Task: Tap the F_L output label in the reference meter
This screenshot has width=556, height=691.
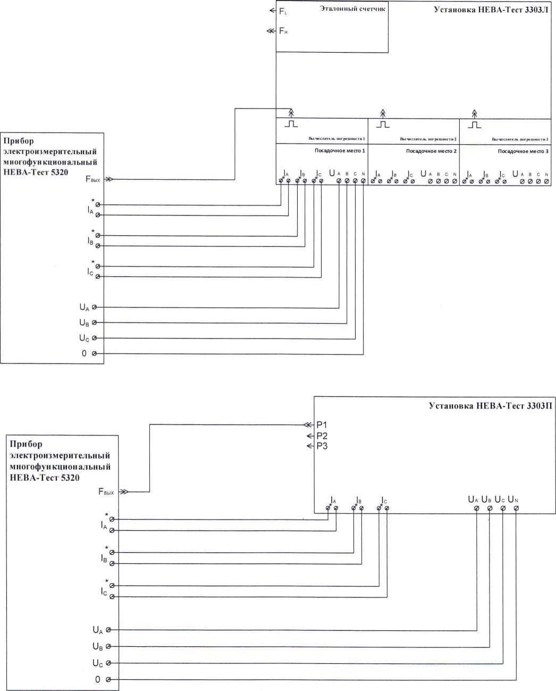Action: (x=283, y=11)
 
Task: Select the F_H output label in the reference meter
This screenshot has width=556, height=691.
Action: (x=283, y=31)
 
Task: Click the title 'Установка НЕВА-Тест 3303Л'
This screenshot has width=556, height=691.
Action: (x=491, y=9)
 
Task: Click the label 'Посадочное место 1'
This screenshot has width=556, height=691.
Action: (x=340, y=151)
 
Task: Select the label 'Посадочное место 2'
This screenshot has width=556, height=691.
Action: (x=431, y=151)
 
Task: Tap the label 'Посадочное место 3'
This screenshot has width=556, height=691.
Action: (x=523, y=151)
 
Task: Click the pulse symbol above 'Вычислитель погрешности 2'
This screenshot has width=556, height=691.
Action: (x=383, y=124)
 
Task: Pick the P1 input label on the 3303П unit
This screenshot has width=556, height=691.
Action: (x=322, y=425)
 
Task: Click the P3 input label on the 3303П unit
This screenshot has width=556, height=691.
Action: (x=322, y=446)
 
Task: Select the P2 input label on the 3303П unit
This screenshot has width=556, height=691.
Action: (x=322, y=436)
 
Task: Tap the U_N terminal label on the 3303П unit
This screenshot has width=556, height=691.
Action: (x=513, y=499)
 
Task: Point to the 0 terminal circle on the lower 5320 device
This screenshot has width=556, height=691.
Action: (x=108, y=680)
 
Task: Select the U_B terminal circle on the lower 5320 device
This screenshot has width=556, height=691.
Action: (x=108, y=647)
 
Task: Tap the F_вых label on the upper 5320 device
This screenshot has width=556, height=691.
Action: (x=92, y=180)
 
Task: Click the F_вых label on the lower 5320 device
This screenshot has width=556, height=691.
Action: (x=106, y=492)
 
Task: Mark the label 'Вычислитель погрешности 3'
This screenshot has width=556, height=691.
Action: (x=519, y=139)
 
